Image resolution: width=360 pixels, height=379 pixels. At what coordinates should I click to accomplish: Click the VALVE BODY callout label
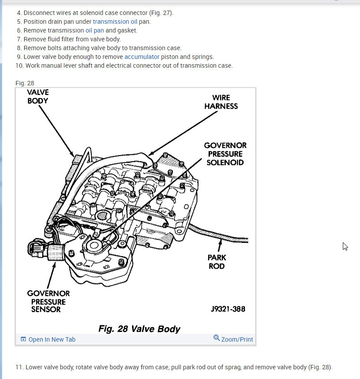37,96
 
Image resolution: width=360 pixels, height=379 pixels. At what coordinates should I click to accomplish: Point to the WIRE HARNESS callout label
221,102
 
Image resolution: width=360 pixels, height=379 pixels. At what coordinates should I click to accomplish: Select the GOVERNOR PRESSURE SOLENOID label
225,154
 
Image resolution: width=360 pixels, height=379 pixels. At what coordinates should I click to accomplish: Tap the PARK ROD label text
217,262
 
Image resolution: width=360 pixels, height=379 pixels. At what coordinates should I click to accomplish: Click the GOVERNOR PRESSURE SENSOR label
48,301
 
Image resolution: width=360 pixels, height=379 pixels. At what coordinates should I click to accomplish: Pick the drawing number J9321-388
228,309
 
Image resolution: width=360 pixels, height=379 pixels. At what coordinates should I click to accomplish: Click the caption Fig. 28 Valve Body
139,329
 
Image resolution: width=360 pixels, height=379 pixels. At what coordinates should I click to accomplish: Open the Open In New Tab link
48,339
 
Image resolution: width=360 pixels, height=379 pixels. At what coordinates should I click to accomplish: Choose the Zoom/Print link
237,339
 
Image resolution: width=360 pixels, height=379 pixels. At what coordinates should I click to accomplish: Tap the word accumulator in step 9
142,57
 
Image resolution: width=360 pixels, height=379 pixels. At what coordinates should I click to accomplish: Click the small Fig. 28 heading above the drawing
25,83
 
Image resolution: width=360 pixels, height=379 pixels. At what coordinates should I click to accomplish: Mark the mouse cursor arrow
345,246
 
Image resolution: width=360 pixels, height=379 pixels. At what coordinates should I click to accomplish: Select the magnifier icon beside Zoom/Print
217,338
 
